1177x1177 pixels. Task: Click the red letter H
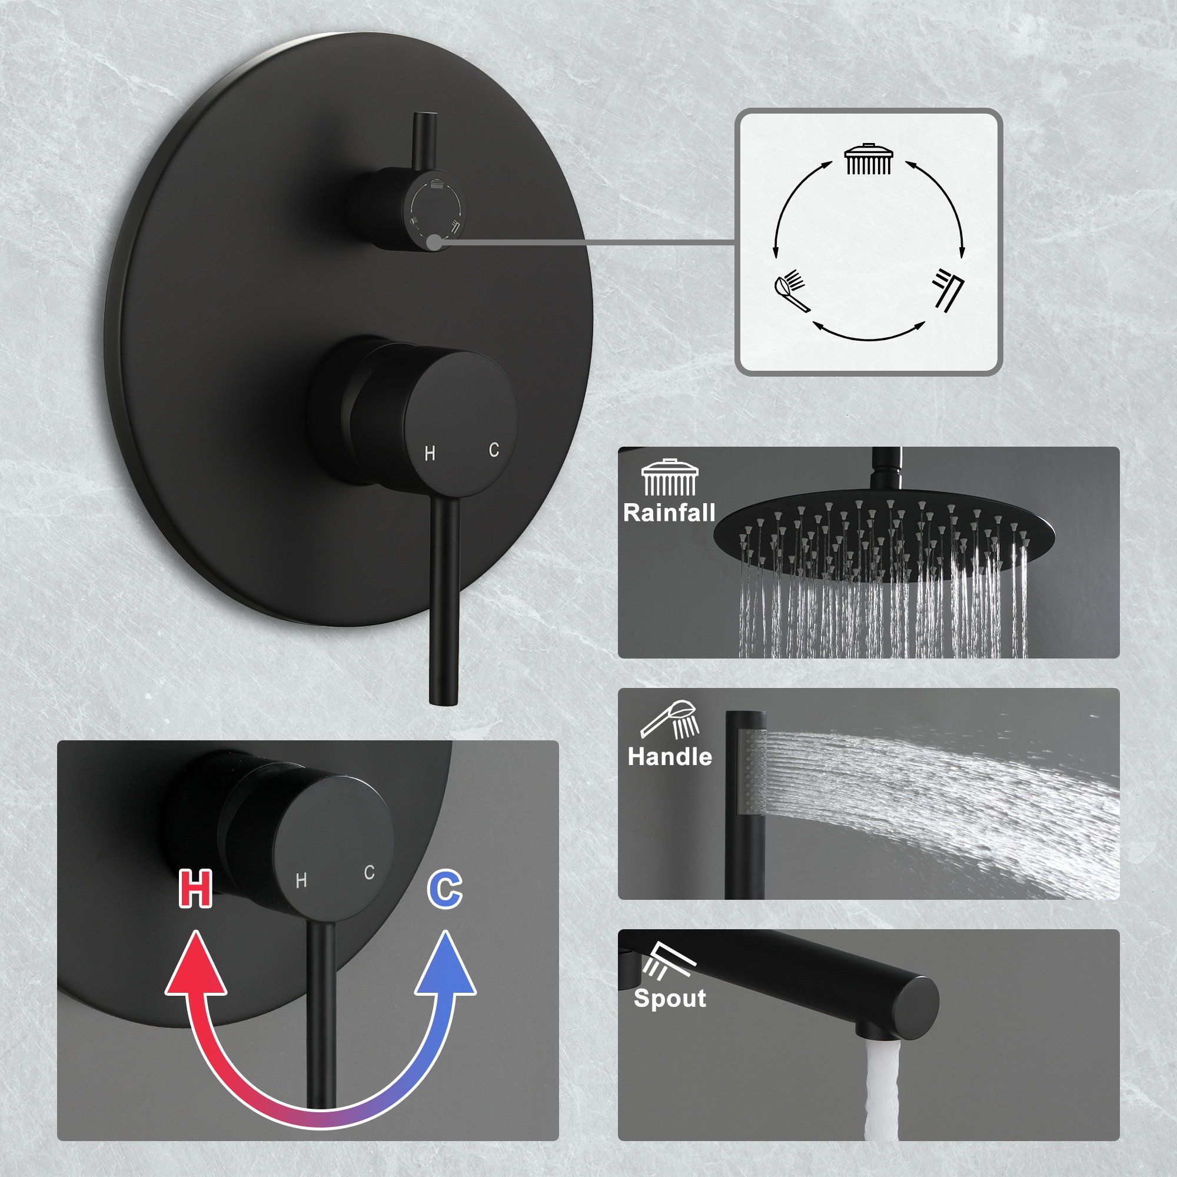[x=195, y=889]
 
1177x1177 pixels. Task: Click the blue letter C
[x=445, y=889]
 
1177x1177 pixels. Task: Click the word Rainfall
[x=669, y=513]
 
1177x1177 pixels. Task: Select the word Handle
[x=670, y=757]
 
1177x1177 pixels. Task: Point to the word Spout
[x=670, y=998]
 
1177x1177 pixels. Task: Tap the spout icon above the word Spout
[x=669, y=961]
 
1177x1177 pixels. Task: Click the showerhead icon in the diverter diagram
[x=869, y=159]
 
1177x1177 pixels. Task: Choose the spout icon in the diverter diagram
[x=949, y=290]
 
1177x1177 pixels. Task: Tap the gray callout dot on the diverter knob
[x=434, y=242]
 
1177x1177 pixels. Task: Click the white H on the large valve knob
[x=430, y=453]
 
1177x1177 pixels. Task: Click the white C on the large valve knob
[x=494, y=450]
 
